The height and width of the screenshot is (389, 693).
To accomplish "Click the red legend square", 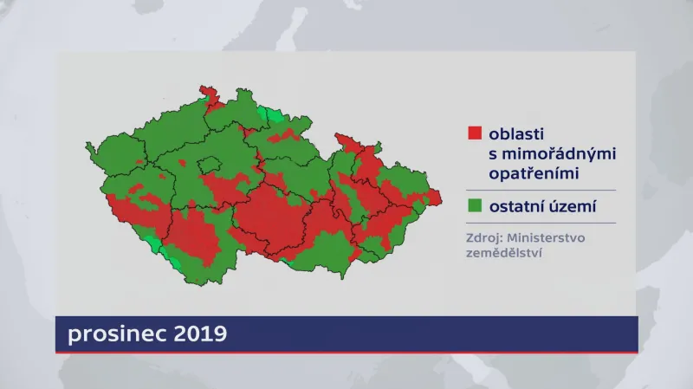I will (474, 133).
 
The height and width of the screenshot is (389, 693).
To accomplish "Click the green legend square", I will (474, 206).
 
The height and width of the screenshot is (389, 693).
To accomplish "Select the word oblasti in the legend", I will (513, 134).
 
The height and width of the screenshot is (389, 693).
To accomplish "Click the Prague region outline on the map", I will (210, 162).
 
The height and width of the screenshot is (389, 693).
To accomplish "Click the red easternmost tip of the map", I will (439, 198).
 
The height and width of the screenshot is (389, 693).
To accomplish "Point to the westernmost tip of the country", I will (87, 148).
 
